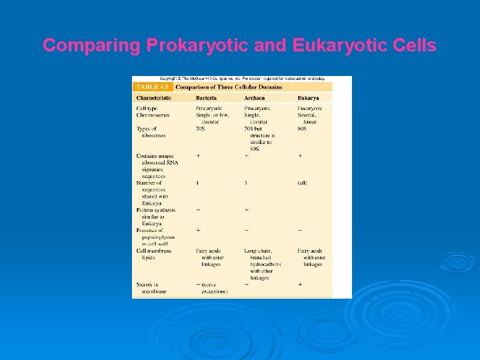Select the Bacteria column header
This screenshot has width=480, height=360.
(x=206, y=98)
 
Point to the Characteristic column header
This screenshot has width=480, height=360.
(x=154, y=98)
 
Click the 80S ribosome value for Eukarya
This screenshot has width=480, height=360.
(x=303, y=129)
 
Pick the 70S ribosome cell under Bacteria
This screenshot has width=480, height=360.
(x=200, y=129)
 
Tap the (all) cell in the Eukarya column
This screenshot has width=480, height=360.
(x=303, y=183)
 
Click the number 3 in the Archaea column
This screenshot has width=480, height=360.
(x=246, y=183)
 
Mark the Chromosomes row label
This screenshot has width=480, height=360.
(x=153, y=115)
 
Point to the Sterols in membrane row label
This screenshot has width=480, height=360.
(x=151, y=287)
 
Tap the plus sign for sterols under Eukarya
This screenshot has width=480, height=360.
(x=300, y=284)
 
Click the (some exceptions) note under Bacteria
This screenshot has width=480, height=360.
(x=212, y=288)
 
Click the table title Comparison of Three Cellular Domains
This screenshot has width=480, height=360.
(x=229, y=87)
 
